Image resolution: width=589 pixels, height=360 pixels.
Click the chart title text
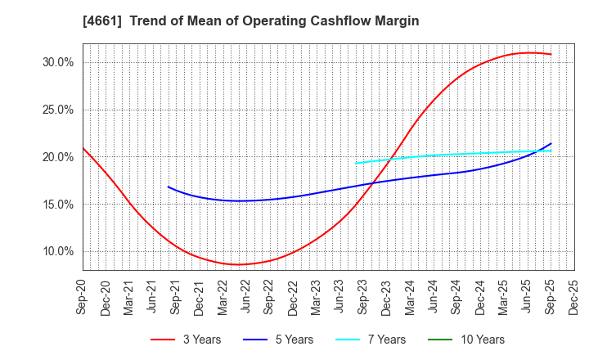[x=250, y=21]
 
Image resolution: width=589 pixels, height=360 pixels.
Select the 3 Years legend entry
[x=186, y=340]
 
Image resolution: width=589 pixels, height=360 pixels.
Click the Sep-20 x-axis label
[x=83, y=297]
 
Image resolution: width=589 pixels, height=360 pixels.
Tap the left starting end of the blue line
[x=169, y=187]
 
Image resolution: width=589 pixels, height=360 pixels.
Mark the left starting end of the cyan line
[x=355, y=163]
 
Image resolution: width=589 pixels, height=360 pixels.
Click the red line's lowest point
[x=238, y=264]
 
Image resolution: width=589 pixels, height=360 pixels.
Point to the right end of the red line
[x=551, y=55]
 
